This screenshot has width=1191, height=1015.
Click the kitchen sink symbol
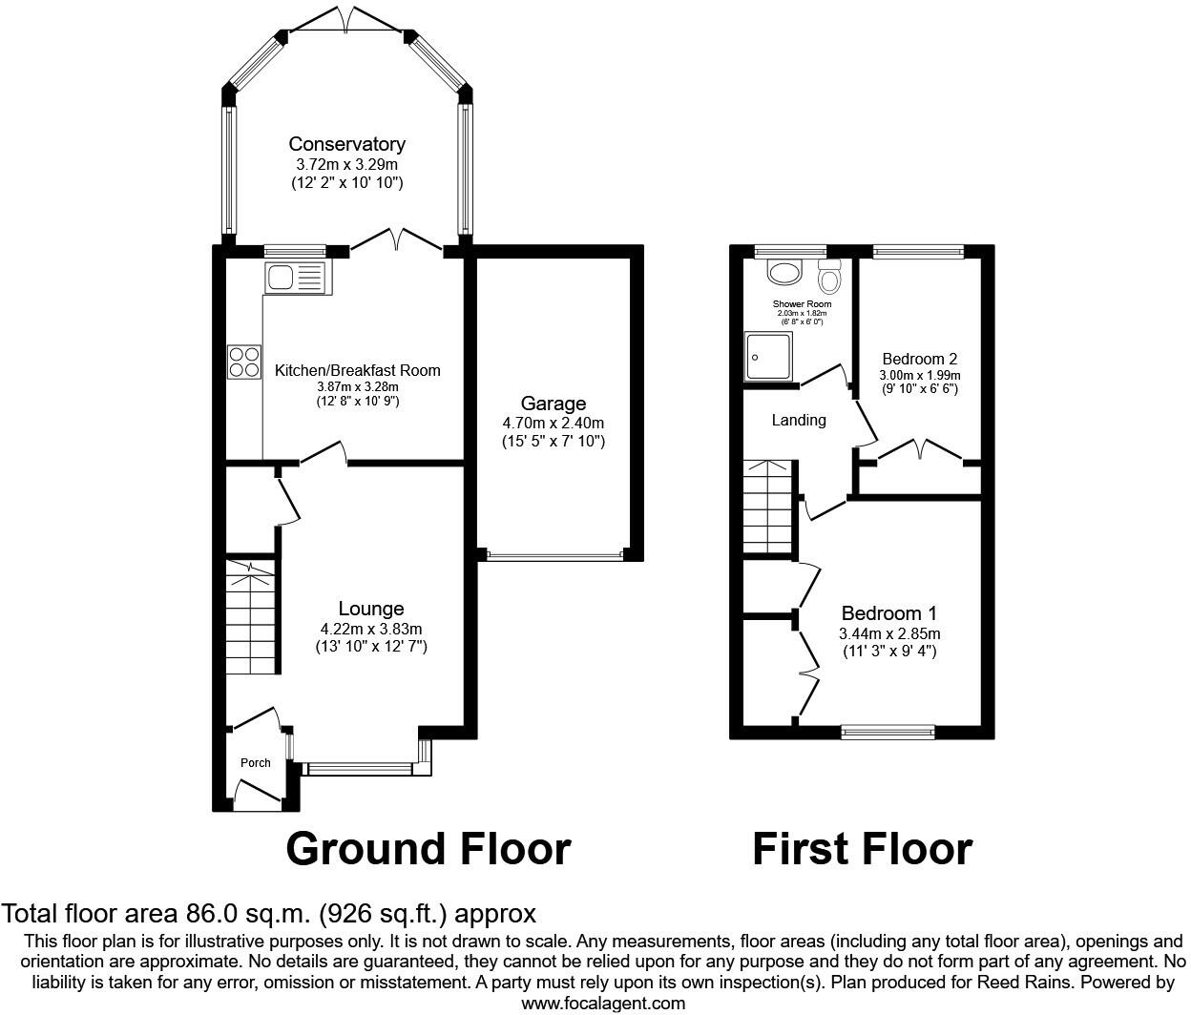pos(296,278)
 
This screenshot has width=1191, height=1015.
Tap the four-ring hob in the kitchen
pos(243,362)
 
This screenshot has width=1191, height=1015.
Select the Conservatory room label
pos(346,144)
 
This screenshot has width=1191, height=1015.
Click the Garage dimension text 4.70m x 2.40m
pos(554,423)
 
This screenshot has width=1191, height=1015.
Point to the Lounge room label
pos(371,609)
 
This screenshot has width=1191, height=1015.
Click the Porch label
pos(255,762)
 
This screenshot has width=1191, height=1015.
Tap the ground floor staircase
pos(250,616)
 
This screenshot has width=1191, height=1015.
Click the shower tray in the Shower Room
pos(768,355)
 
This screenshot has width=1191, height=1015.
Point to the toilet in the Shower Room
pos(828,276)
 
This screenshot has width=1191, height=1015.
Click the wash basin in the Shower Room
pos(785,274)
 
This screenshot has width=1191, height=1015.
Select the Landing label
pos(799,420)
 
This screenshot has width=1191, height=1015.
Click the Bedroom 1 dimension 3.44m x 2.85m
pos(889,634)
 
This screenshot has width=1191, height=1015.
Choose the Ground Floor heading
pos(428,848)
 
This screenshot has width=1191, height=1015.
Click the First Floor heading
pos(862,848)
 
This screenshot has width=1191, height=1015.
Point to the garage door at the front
pos(554,553)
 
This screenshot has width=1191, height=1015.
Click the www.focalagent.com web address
pos(603,1003)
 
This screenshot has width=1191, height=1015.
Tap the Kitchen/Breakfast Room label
pos(358,370)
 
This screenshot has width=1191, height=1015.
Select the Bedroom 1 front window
pos(888,732)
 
